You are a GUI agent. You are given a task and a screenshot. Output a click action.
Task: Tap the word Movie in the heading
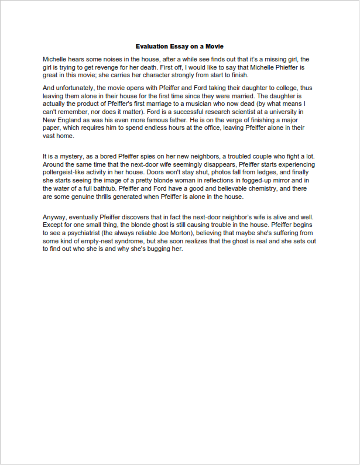pyautogui.click(x=214, y=46)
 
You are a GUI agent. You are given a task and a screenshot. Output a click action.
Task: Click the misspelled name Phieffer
pyautogui.click(x=287, y=67)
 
